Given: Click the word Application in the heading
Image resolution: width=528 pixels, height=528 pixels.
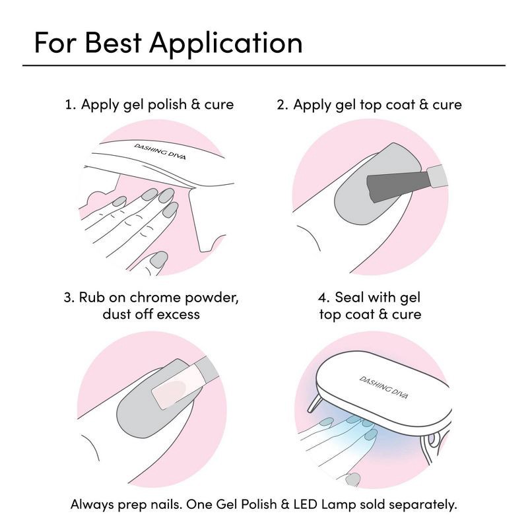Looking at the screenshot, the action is click(226, 44).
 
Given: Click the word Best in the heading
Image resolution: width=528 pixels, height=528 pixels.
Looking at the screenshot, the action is click(113, 42).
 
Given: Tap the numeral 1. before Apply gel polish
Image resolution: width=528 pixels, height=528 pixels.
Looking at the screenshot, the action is click(71, 105).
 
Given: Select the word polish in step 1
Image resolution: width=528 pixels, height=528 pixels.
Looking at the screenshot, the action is click(167, 105).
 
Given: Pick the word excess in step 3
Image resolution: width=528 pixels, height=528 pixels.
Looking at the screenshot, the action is click(178, 315).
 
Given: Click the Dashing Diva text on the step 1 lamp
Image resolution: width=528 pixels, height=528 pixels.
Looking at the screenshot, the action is click(160, 152).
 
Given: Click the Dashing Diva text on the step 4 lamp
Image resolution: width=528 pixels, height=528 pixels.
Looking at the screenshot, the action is click(384, 387).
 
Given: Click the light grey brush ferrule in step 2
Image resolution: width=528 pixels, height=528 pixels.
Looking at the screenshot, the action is click(437, 176).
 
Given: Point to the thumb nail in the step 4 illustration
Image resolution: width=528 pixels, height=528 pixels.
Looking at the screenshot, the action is click(352, 479).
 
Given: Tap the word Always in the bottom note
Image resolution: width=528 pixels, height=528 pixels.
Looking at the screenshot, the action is click(92, 505).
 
